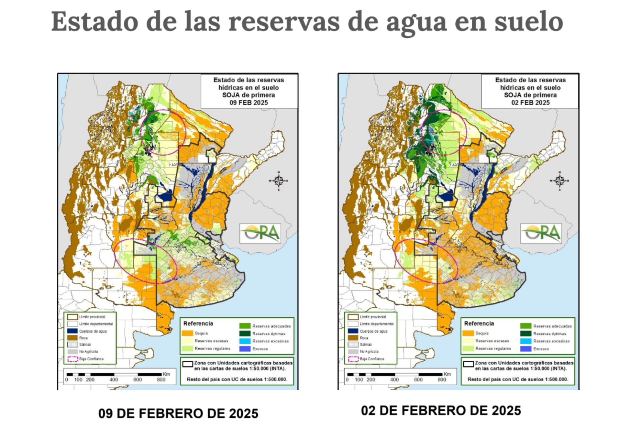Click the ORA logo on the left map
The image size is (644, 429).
tap(260, 233)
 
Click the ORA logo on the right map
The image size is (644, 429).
tap(541, 233)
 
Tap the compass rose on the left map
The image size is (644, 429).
tap(279, 181)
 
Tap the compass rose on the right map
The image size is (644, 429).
tap(559, 181)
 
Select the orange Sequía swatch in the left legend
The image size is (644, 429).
tap(187, 333)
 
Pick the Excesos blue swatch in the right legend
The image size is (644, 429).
tap(526, 349)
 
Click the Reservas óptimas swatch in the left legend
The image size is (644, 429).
tap(245, 333)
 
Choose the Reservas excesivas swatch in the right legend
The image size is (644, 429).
tap(526, 341)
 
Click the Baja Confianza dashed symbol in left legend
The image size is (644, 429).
tap(73, 359)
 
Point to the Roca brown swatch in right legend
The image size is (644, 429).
tap(353, 338)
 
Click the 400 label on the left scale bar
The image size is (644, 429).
tap(114, 380)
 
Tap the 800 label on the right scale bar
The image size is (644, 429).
tap(442, 380)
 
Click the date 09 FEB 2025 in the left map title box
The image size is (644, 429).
tap(249, 103)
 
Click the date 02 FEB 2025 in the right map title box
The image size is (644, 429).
tap(530, 103)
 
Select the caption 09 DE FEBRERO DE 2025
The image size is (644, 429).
tap(178, 414)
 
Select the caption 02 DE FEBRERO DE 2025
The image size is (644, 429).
tap(441, 411)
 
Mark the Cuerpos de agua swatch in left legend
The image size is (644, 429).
tap(73, 331)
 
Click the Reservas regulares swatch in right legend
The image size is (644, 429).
tap(468, 349)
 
